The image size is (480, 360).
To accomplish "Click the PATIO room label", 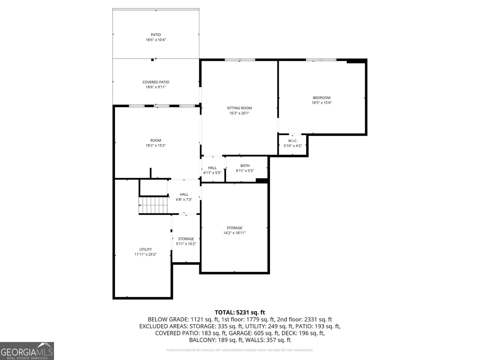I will pyautogui.click(x=156, y=35).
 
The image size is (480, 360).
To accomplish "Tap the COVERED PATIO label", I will pyautogui.click(x=156, y=82).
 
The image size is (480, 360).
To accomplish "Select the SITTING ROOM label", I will pyautogui.click(x=239, y=108).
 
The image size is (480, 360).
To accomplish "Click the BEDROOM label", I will pyautogui.click(x=322, y=98).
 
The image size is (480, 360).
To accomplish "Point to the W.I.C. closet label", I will pyautogui.click(x=292, y=141).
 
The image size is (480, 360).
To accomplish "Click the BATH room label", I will pyautogui.click(x=245, y=166).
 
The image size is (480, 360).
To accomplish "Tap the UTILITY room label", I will pyautogui.click(x=145, y=249).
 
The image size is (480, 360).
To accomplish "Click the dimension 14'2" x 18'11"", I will pyautogui.click(x=234, y=233).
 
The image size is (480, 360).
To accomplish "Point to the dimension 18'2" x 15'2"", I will pyautogui.click(x=156, y=145).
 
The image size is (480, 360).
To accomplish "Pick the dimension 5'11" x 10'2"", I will pyautogui.click(x=186, y=244).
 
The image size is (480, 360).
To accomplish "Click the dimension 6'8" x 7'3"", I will pyautogui.click(x=184, y=199).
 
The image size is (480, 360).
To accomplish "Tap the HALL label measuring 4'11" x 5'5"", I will pyautogui.click(x=212, y=168).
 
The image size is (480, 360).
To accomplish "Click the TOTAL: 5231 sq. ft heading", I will pyautogui.click(x=240, y=313).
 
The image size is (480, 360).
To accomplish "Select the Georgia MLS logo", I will pyautogui.click(x=27, y=351).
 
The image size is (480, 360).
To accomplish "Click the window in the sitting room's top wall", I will pyautogui.click(x=240, y=60).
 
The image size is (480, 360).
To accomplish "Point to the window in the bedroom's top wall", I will pyautogui.click(x=321, y=60).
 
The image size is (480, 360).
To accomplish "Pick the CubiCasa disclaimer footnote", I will pyautogui.click(x=240, y=350).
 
